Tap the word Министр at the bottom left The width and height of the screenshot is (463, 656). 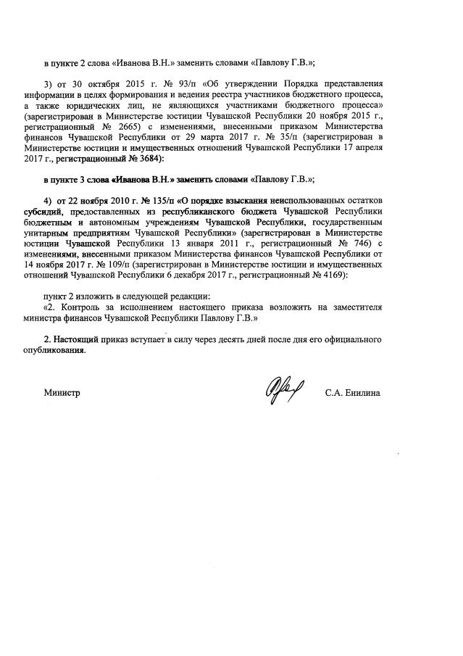62,393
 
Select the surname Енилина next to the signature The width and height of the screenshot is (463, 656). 364,393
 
